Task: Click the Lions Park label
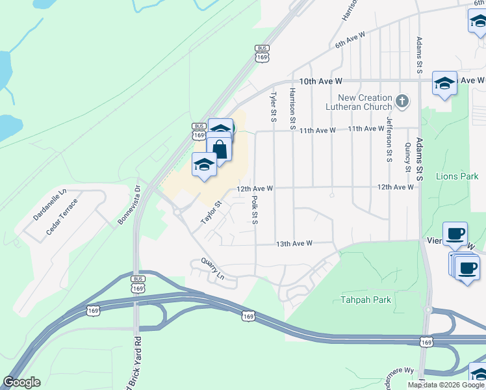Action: pos(457,176)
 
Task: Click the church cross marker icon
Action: pos(402,101)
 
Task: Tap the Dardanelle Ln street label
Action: pos(50,204)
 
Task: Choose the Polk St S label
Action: pos(255,211)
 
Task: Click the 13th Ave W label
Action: pos(294,243)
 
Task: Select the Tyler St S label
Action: pos(274,105)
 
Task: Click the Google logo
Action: pos(21,382)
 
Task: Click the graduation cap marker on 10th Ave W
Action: pos(444,83)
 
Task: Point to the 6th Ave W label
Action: pos(351,40)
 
